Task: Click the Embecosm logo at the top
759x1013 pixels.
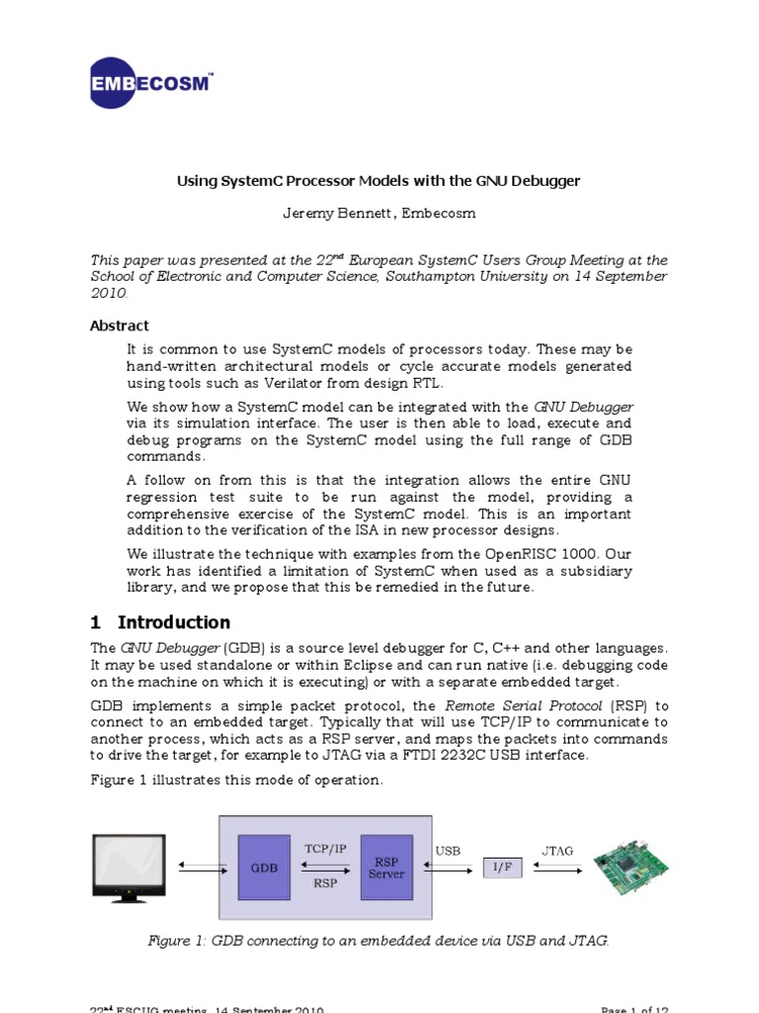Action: point(150,82)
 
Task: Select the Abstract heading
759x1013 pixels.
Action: point(120,325)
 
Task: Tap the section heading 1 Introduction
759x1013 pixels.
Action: point(160,622)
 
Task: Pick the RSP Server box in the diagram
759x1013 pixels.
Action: point(386,868)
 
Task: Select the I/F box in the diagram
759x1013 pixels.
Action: point(502,868)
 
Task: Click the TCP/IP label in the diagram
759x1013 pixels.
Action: point(324,849)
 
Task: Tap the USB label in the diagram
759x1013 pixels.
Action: point(448,850)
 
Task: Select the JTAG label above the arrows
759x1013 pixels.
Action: point(557,850)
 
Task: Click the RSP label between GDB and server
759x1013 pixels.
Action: point(324,883)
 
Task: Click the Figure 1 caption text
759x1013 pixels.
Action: point(379,941)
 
